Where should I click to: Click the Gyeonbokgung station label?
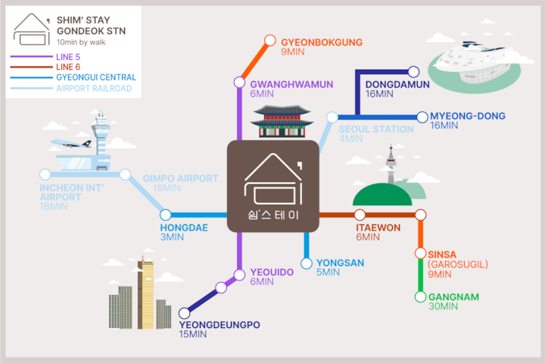tap(321, 42)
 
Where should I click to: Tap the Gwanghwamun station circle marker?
tap(238, 83)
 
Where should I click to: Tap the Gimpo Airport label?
tap(180, 178)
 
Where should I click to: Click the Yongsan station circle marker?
tap(307, 264)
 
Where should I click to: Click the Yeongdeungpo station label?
tap(220, 325)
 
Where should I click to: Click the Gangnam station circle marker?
tap(421, 296)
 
